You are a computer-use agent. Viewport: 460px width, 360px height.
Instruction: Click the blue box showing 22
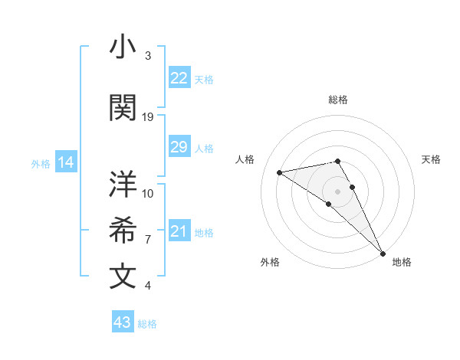click(x=179, y=78)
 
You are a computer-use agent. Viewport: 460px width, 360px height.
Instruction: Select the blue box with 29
click(x=179, y=147)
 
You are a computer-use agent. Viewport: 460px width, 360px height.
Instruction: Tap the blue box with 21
click(x=179, y=231)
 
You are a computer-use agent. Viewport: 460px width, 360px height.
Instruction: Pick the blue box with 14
click(x=66, y=162)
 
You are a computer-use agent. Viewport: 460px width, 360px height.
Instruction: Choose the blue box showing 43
click(x=122, y=322)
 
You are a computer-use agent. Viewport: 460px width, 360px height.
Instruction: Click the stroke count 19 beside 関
click(x=148, y=117)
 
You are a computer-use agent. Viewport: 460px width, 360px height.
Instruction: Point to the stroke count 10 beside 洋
click(x=148, y=193)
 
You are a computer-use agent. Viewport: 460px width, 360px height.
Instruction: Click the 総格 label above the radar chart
click(x=338, y=100)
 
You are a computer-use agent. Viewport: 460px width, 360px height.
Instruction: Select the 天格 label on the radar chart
click(x=431, y=159)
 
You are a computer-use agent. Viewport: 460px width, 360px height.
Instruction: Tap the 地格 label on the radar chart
click(x=402, y=262)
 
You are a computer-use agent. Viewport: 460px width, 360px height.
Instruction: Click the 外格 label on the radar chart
click(x=270, y=262)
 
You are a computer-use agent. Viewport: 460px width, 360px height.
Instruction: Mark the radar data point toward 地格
click(x=383, y=254)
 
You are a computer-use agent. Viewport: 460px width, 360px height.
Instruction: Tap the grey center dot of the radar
click(x=337, y=191)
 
